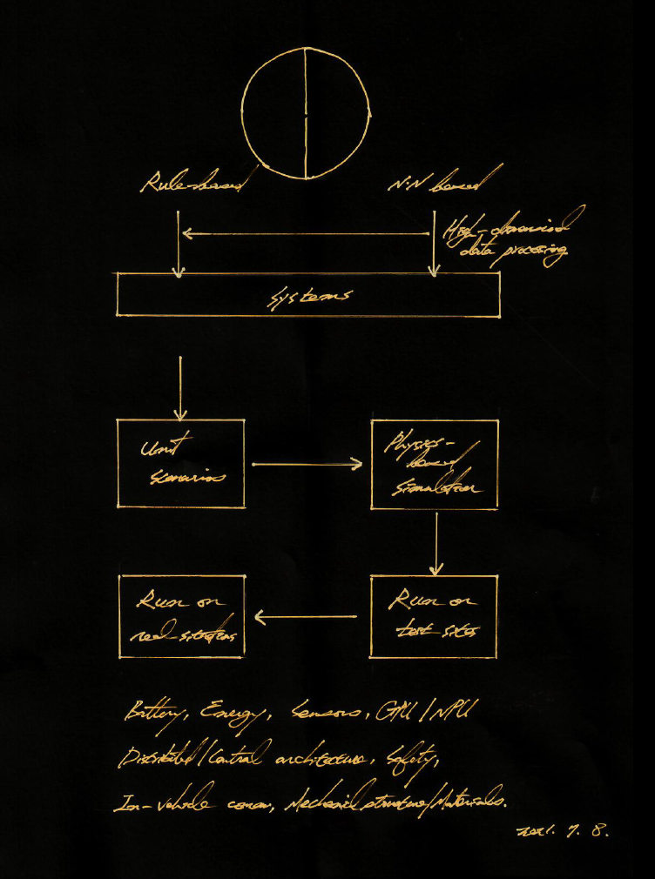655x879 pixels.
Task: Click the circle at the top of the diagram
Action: pyautogui.click(x=306, y=115)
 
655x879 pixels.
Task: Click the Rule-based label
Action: pyautogui.click(x=195, y=185)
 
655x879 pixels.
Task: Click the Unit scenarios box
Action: pyautogui.click(x=181, y=463)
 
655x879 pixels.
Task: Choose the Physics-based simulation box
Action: pyautogui.click(x=435, y=464)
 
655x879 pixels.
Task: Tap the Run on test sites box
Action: pyautogui.click(x=434, y=616)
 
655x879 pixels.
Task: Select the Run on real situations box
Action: pyautogui.click(x=181, y=616)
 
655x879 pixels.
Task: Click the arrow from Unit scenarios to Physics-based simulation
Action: pyautogui.click(x=307, y=465)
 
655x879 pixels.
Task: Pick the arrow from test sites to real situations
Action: pyautogui.click(x=307, y=618)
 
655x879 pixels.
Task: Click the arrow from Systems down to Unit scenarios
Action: pyautogui.click(x=179, y=386)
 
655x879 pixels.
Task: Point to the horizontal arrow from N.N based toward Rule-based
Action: pyautogui.click(x=307, y=233)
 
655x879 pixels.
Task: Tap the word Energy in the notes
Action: pyautogui.click(x=225, y=717)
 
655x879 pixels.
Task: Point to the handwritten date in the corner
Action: pyautogui.click(x=563, y=830)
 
